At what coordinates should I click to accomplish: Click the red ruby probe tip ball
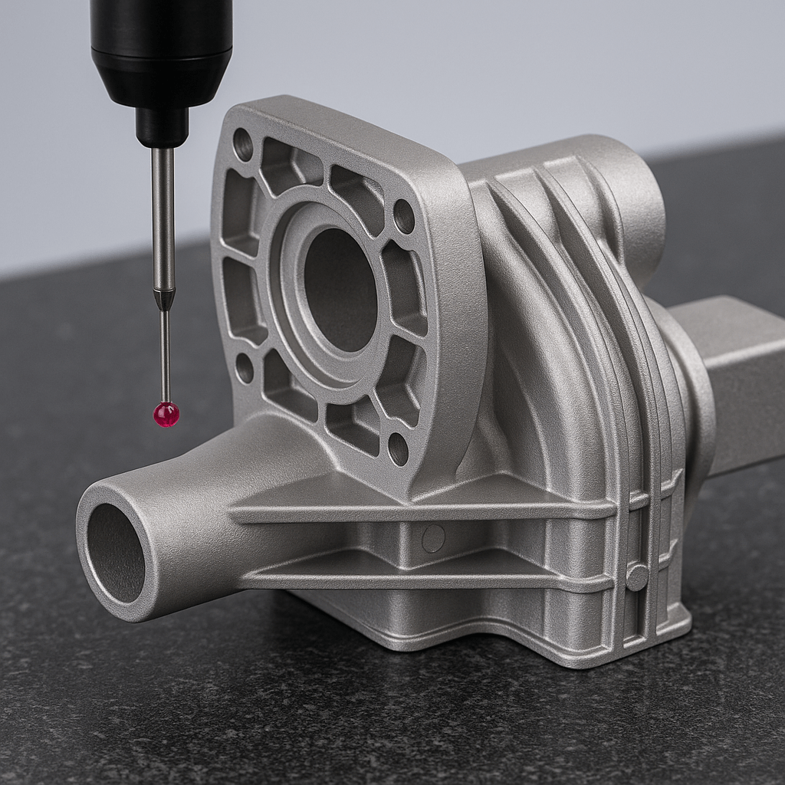pyautogui.click(x=166, y=414)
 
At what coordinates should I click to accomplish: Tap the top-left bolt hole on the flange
pyautogui.click(x=243, y=144)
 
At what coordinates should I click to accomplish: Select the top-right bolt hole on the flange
pyautogui.click(x=403, y=216)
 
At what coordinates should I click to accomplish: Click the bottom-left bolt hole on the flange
pyautogui.click(x=244, y=368)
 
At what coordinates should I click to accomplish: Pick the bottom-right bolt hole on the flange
pyautogui.click(x=398, y=448)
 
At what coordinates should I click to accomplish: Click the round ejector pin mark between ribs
pyautogui.click(x=433, y=538)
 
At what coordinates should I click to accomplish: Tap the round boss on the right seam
pyautogui.click(x=636, y=576)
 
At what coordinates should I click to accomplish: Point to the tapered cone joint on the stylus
pyautogui.click(x=164, y=299)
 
